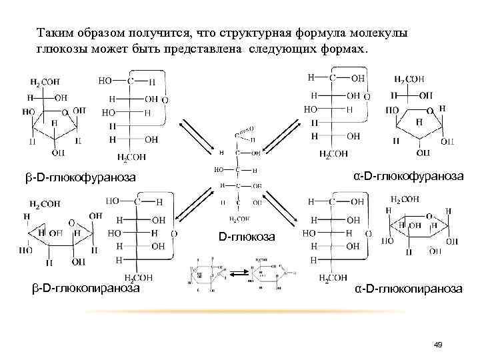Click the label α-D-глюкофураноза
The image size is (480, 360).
(409, 175)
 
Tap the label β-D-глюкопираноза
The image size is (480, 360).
(87, 288)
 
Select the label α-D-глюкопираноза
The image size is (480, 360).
(407, 288)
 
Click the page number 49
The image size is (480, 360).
(438, 344)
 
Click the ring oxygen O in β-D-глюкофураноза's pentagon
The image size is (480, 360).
(65, 113)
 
